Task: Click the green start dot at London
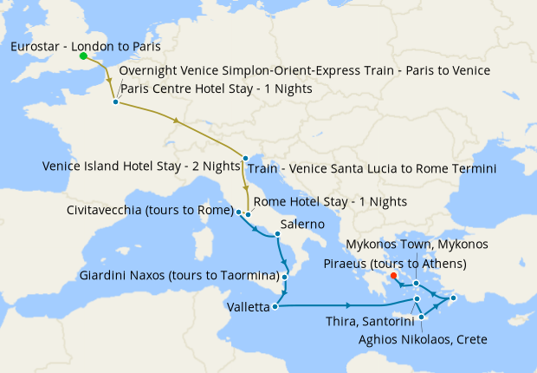83,57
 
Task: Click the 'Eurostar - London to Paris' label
86,46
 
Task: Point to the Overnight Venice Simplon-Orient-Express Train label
304,70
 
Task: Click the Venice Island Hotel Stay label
143,166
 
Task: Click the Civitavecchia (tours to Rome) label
151,210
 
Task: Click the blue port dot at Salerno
277,234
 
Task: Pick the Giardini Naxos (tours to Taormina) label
178,276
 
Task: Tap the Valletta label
248,307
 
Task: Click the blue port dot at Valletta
275,305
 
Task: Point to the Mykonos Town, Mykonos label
417,244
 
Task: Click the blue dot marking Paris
115,102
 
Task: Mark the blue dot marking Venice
246,158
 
